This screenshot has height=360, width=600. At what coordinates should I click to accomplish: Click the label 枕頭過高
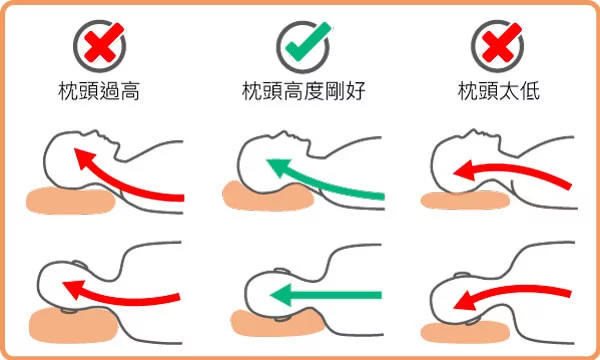click(99, 91)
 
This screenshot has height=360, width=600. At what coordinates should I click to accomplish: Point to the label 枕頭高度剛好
click(304, 91)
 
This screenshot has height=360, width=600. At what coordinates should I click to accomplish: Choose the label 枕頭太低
click(499, 91)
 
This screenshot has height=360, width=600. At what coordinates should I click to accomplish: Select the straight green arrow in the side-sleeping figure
click(326, 295)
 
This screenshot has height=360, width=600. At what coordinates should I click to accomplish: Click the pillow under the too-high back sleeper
click(71, 200)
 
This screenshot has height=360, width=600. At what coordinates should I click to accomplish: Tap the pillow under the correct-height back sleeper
click(268, 196)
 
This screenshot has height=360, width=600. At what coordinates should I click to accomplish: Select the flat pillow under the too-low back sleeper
click(465, 200)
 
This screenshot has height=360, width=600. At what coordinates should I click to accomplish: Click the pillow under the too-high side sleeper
click(73, 325)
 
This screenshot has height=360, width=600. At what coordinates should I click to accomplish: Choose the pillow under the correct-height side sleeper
click(278, 324)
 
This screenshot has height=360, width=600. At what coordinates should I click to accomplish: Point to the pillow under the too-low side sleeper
click(465, 332)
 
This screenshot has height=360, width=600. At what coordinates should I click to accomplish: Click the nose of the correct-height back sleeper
click(284, 134)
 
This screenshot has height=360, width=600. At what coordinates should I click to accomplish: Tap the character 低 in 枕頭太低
click(529, 91)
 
